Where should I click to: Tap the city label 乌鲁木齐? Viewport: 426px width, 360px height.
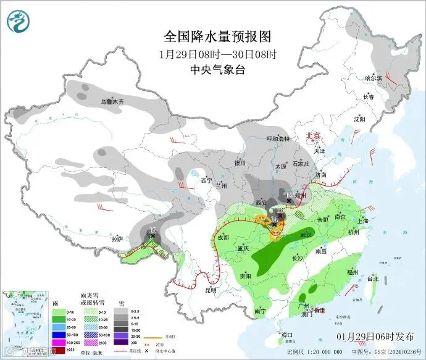click(113, 101)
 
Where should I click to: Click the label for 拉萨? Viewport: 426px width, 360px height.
click(117, 238)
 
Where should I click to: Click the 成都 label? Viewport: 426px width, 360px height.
click(222, 237)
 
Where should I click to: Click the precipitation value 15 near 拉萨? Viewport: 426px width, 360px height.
click(154, 230)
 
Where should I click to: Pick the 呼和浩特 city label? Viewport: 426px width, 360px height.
click(277, 139)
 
